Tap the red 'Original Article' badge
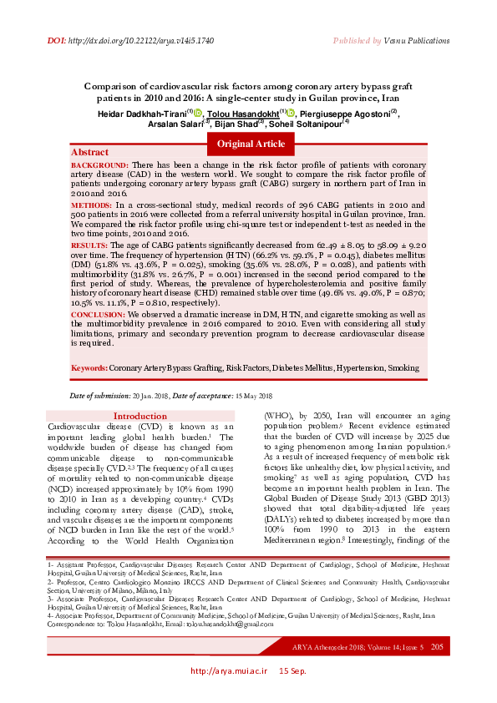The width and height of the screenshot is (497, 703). tap(251, 144)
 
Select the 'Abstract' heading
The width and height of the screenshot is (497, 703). tap(89, 153)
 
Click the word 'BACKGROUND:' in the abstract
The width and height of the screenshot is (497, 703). tap(99, 166)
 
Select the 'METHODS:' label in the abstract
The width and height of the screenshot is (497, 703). tap(94, 204)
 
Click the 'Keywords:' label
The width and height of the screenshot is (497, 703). tap(89, 367)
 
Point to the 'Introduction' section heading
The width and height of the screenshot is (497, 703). tap(139, 416)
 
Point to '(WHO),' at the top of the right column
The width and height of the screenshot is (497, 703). tap(276, 415)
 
